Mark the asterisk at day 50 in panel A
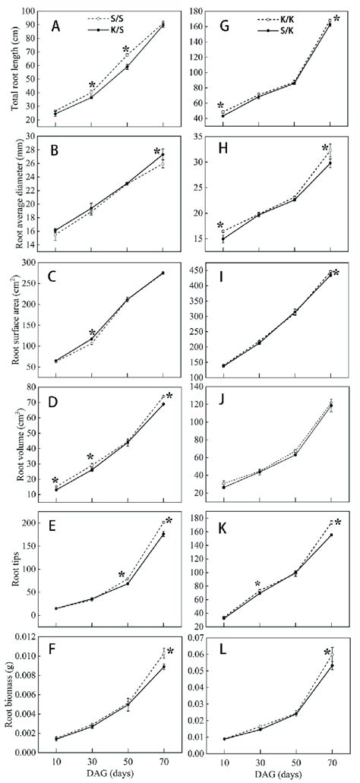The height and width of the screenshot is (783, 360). click(127, 50)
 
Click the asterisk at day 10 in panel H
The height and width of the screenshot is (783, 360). click(221, 226)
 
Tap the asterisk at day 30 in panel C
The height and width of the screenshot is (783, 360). click(92, 333)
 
